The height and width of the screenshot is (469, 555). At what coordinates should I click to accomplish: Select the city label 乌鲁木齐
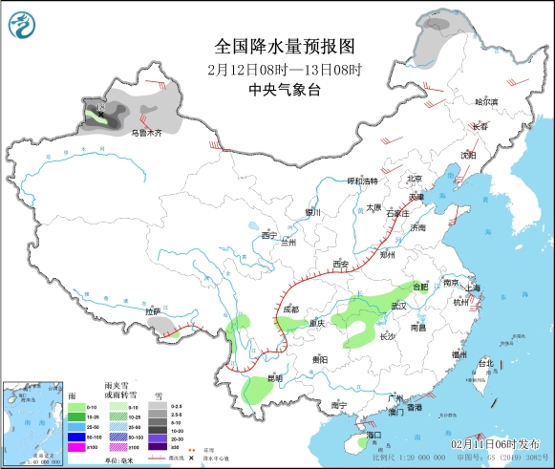point(147,131)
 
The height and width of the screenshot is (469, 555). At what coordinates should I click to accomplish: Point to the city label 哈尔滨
point(487,101)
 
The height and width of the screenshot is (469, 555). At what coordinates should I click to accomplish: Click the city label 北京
point(414,179)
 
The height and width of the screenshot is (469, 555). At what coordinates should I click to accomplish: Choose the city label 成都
point(290,309)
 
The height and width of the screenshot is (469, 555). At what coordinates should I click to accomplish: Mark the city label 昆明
point(274,378)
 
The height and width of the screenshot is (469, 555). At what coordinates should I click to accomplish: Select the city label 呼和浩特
point(362,181)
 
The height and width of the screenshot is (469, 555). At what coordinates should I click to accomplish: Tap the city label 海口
point(374,436)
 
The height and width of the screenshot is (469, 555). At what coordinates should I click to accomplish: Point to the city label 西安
point(341,264)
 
